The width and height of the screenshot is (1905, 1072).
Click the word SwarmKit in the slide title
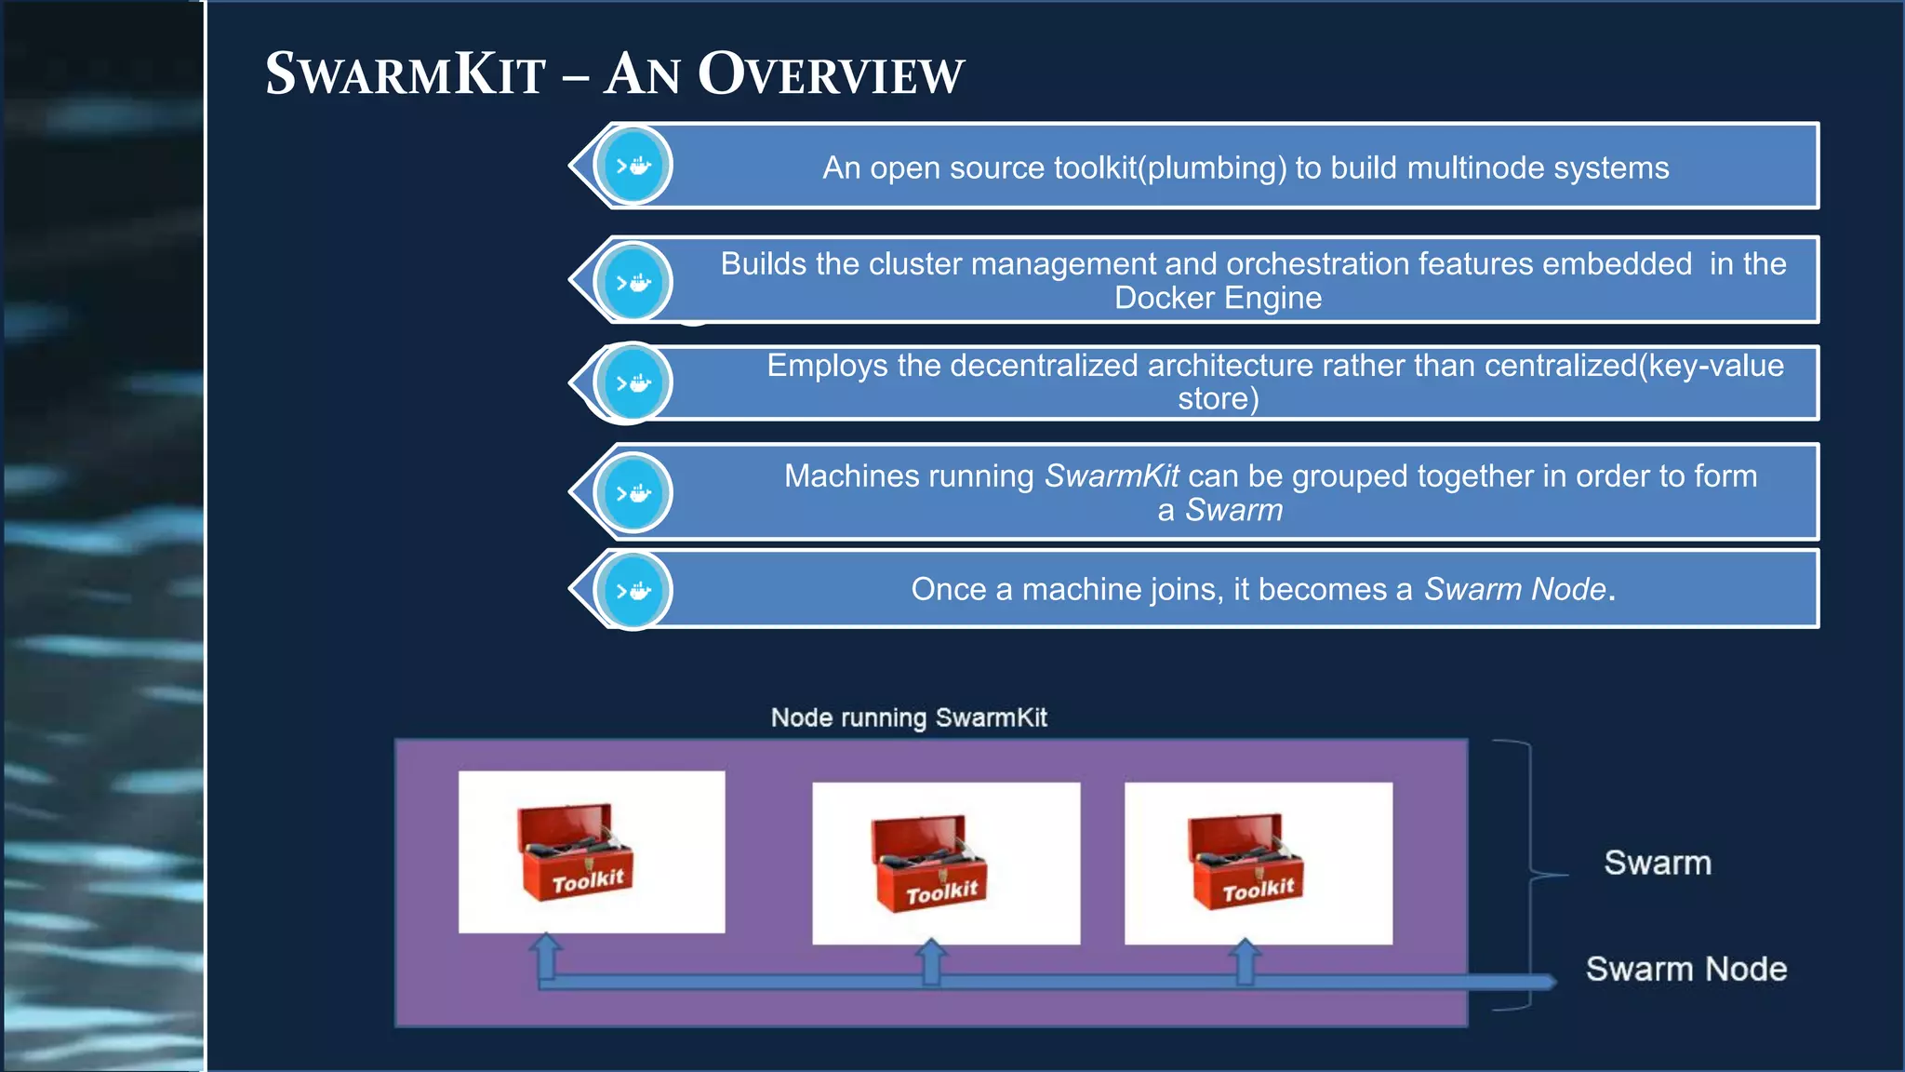(406, 74)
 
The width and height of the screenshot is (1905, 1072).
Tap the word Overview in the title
(831, 74)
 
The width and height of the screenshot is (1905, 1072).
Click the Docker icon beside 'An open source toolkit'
(633, 167)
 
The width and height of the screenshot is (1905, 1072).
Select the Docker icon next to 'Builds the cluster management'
(633, 282)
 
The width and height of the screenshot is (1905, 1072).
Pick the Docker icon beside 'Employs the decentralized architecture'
(633, 382)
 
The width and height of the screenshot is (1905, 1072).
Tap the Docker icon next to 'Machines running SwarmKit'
(633, 493)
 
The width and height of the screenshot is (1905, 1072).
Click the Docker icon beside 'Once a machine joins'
(633, 590)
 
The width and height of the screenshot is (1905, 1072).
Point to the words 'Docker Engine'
(1218, 299)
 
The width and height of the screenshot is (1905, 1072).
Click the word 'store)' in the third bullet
(1218, 399)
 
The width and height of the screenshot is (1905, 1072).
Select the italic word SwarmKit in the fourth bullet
(1112, 476)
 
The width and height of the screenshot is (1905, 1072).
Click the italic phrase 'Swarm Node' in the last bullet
(1514, 589)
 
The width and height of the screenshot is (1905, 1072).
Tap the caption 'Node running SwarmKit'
(909, 717)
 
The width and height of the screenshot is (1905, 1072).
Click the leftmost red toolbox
(576, 852)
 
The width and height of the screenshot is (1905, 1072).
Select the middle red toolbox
(929, 864)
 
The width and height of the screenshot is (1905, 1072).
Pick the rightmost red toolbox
(1246, 862)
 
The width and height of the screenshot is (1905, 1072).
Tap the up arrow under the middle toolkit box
(931, 960)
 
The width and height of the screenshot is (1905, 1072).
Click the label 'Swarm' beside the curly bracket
(1658, 863)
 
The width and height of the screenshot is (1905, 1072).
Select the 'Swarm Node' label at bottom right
(1685, 969)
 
